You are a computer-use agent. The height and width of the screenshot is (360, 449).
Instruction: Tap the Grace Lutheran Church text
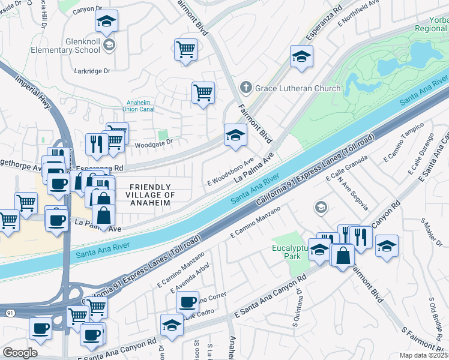[297, 88]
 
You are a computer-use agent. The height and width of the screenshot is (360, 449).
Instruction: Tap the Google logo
[20, 353]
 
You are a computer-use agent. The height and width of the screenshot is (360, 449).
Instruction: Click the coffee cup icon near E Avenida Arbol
[187, 300]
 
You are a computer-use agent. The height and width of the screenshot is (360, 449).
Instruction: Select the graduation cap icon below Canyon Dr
[106, 22]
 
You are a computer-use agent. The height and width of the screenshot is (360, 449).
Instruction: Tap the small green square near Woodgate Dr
[161, 136]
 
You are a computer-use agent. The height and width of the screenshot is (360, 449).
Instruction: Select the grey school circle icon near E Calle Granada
[321, 208]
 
